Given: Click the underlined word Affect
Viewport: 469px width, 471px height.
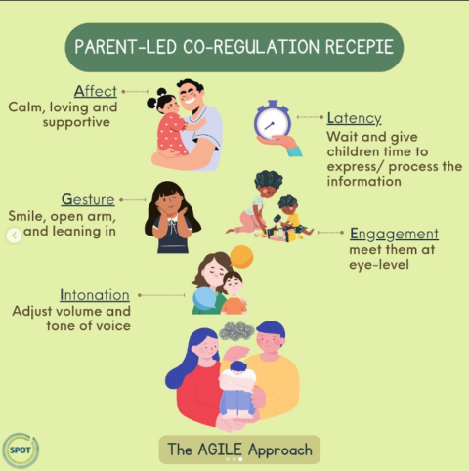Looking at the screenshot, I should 96,90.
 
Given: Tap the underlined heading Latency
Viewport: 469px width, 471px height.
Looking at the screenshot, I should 355,117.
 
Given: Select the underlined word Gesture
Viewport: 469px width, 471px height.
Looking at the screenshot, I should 88,198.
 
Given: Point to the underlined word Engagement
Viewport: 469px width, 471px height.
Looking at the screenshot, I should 394,234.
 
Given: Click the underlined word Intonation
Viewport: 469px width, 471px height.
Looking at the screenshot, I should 95,294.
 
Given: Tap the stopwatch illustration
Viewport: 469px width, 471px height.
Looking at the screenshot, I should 273,123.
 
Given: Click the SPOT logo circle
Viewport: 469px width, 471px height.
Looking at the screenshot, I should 20,450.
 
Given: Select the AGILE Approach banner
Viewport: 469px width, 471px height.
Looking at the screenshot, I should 239,450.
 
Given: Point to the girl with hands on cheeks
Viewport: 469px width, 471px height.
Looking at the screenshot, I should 172,216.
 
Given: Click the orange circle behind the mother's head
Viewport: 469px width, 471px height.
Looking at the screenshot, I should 240,257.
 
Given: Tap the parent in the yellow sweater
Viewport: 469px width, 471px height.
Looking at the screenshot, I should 277,375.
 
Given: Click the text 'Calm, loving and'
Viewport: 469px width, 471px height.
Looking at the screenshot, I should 63,107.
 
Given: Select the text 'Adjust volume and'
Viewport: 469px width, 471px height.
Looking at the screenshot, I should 71,311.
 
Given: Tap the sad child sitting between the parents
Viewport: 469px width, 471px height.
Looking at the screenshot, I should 237,389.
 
